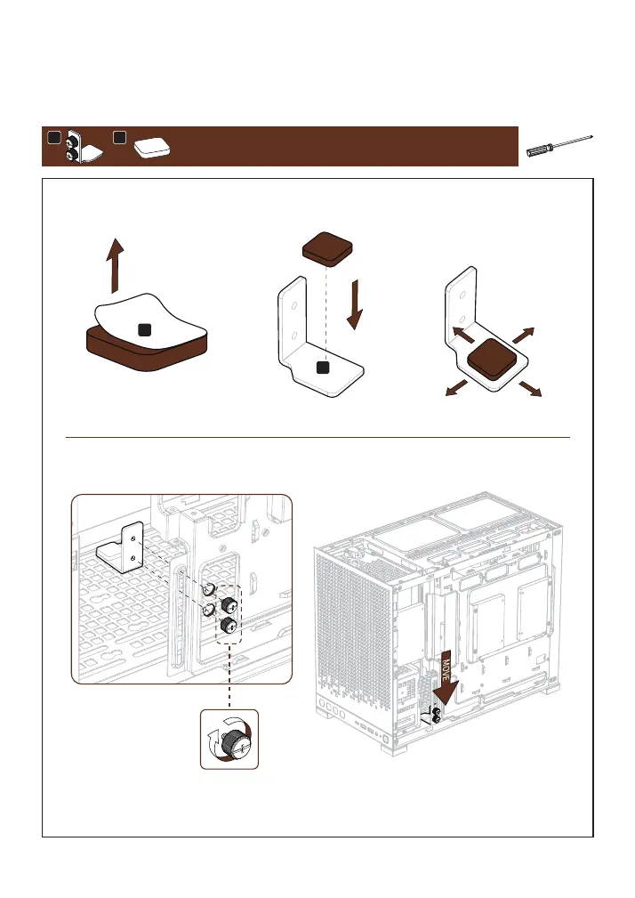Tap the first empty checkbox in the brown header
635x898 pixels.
(x=53, y=138)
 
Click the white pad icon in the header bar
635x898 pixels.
(x=152, y=149)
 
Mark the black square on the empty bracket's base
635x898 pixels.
(x=324, y=367)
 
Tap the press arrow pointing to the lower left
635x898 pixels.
(x=457, y=387)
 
